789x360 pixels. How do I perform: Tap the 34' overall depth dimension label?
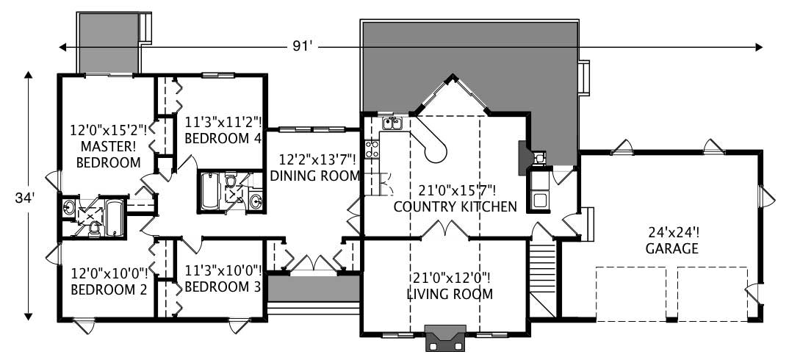[x=27, y=198]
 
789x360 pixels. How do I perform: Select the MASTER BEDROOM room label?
[x=111, y=155]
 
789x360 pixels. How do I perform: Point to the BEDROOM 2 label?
[x=109, y=289]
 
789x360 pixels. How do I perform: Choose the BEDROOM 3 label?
[x=223, y=287]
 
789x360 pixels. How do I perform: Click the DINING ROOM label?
[x=315, y=176]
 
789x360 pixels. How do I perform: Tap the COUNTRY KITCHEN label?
[x=455, y=206]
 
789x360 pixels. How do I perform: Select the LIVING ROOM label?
[x=449, y=295]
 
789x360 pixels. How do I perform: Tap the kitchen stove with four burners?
[x=372, y=149]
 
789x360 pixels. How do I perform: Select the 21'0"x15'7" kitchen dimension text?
[x=455, y=190]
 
